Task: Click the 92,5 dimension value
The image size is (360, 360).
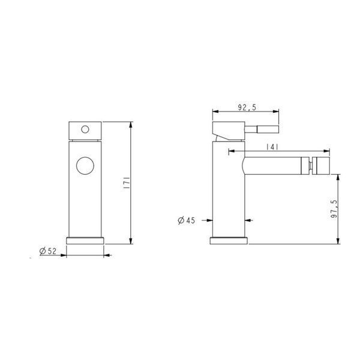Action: pos(247,107)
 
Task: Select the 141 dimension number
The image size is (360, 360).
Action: pos(272,147)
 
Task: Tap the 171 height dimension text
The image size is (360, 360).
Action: pos(127,183)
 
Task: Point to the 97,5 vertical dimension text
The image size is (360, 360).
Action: pos(334,209)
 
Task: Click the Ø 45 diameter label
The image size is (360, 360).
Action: pos(186,220)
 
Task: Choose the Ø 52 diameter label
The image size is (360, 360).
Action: pos(48,251)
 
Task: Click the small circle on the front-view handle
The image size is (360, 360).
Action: pos(85,130)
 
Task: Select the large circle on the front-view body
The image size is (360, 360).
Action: pos(85,166)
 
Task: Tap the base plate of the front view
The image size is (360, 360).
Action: pos(85,241)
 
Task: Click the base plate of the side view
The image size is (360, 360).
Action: pos(229,241)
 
